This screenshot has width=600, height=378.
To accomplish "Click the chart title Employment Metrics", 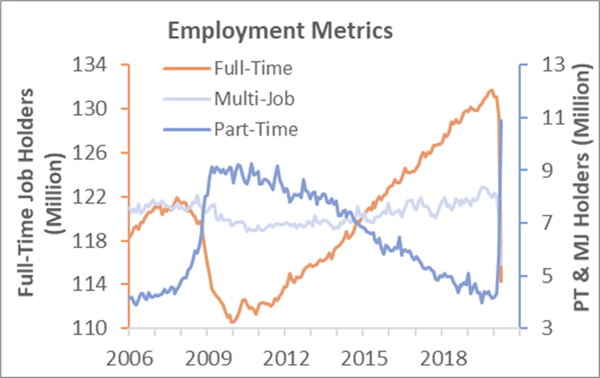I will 281,30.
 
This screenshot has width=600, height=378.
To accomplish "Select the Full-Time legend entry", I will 253,68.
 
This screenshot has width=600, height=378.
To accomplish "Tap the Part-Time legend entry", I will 256,129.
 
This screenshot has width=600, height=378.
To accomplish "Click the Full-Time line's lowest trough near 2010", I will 233,321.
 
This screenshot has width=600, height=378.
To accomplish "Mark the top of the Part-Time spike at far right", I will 501,121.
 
